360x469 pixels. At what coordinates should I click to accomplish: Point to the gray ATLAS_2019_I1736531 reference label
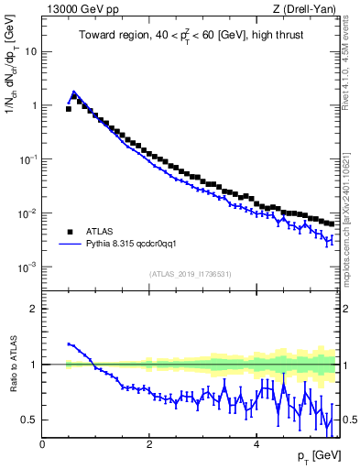tap(191, 274)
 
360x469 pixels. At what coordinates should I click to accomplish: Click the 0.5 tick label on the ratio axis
tap(28, 420)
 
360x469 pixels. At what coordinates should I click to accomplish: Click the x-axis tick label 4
tap(256, 444)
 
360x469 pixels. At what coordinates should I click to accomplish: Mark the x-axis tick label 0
tap(42, 444)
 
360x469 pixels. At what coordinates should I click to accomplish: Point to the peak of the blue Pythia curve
tap(74, 93)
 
